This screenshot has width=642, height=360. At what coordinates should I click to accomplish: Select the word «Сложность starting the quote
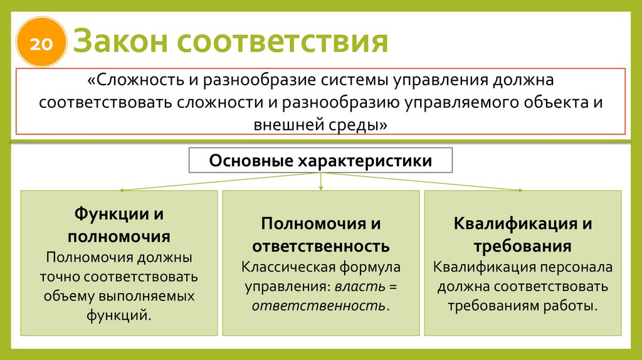pyautogui.click(x=134, y=81)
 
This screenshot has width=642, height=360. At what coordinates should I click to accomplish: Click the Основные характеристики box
pyautogui.click(x=320, y=161)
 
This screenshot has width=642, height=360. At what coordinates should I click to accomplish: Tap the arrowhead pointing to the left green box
pyautogui.click(x=122, y=189)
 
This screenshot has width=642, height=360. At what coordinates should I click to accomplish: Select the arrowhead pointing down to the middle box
pyautogui.click(x=321, y=188)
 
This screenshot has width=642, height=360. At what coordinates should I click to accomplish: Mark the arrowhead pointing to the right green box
pyautogui.click(x=519, y=189)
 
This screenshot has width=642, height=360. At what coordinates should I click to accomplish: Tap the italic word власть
pyautogui.click(x=354, y=287)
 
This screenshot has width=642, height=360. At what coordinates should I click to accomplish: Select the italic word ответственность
pyautogui.click(x=318, y=305)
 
